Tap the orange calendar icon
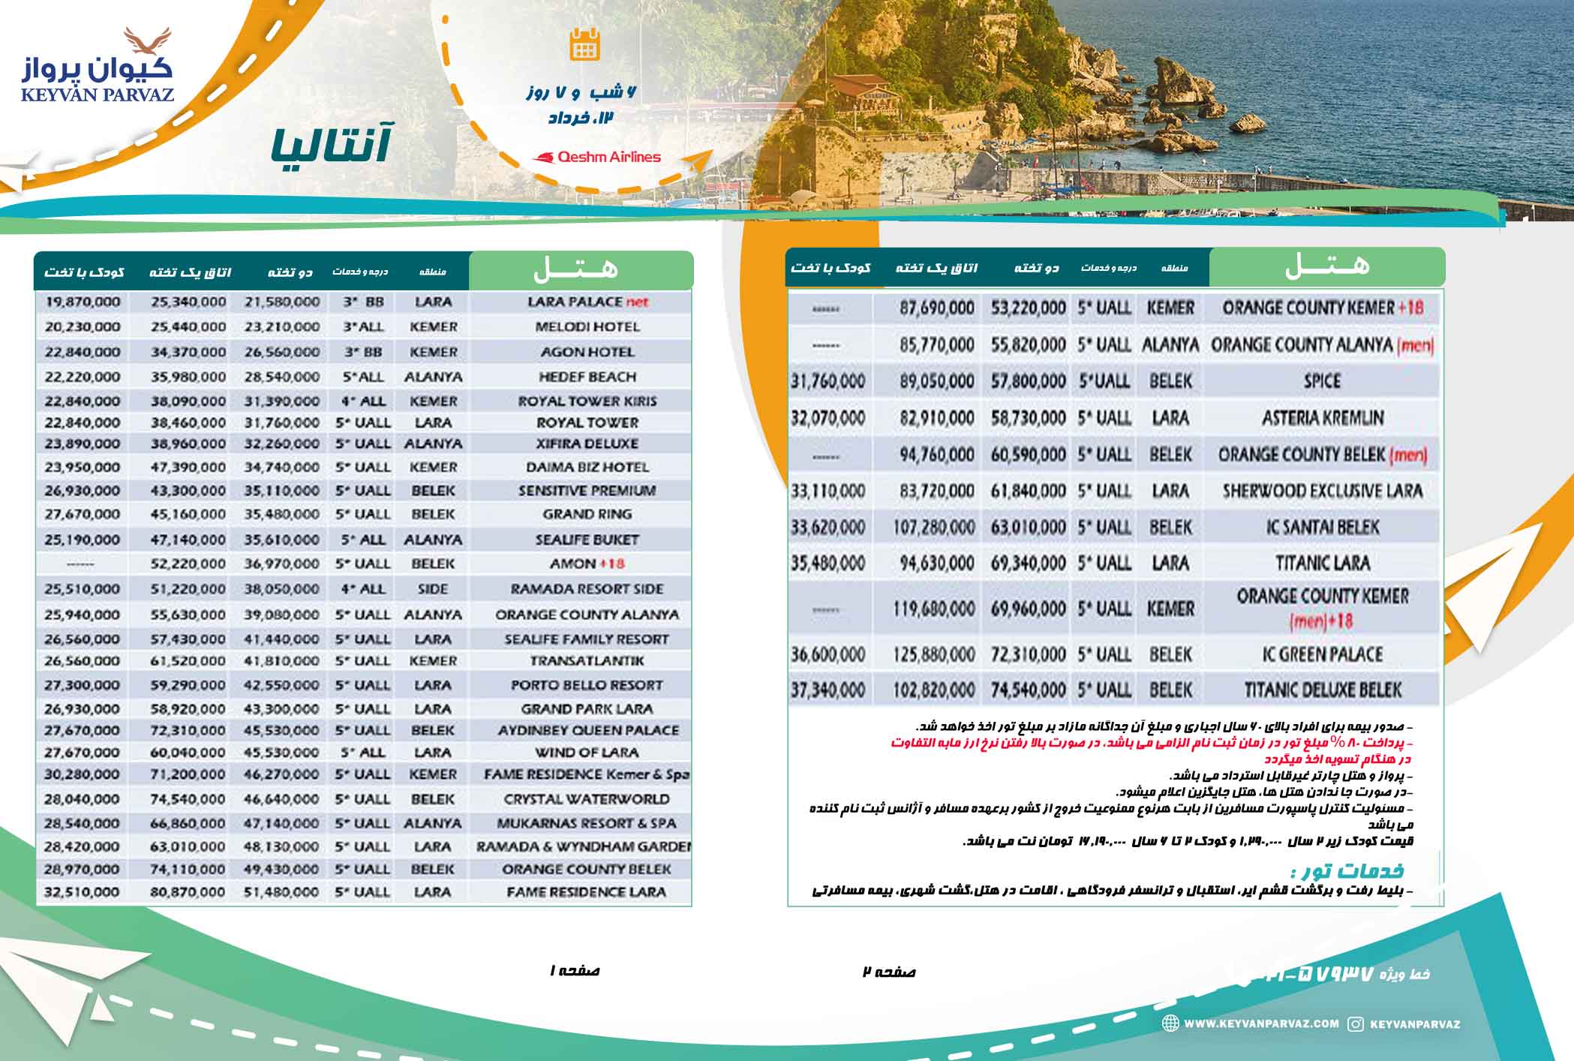coord(584,44)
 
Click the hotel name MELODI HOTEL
coord(587,327)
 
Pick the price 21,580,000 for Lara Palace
coord(281,302)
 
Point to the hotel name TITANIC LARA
coord(1323,564)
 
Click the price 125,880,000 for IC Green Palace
coord(934,654)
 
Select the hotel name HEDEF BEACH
coord(587,377)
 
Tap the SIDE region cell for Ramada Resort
coord(433,589)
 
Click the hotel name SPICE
coord(1322,381)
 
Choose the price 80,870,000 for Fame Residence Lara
coord(188,892)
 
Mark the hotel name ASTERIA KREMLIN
coord(1323,418)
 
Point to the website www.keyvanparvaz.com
coord(1261,1023)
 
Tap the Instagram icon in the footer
coord(1356,1024)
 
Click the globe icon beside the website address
coord(1170,1023)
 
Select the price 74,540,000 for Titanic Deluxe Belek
coord(1028,690)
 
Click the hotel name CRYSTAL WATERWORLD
coord(587,799)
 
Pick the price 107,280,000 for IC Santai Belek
coord(934,527)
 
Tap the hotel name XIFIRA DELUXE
coord(587,443)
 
